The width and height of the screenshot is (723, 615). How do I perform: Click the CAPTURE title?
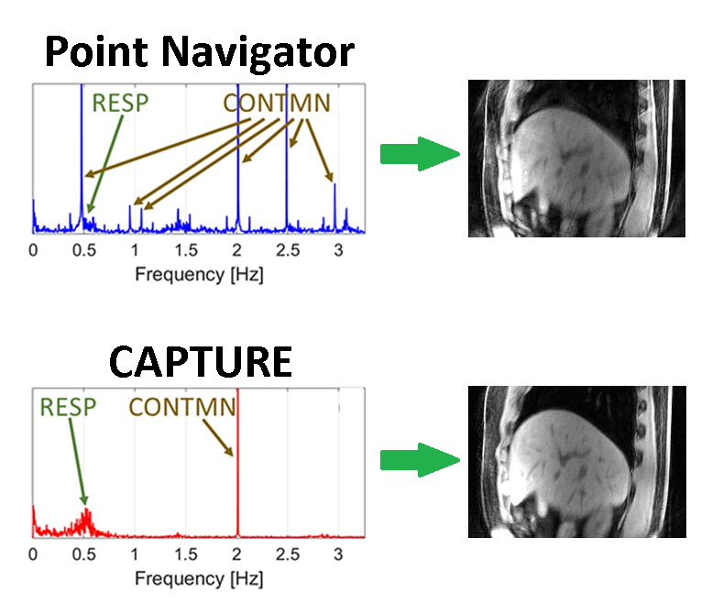point(201,363)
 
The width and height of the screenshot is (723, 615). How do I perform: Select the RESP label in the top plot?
point(119,103)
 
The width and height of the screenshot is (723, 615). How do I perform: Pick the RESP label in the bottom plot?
point(68,407)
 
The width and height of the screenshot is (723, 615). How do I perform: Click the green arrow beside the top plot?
point(418,154)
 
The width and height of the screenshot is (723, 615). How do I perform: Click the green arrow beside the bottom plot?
point(418,460)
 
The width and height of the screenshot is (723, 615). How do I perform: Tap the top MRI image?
point(576,159)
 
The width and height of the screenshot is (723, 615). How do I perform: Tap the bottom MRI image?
point(576,461)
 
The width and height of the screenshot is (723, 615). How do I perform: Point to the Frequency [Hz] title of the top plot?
point(199,273)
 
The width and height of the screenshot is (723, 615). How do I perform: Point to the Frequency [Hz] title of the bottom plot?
point(199,578)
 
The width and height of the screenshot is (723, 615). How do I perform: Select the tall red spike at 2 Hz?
point(237,458)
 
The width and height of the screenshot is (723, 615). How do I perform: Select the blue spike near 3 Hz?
point(335,206)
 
